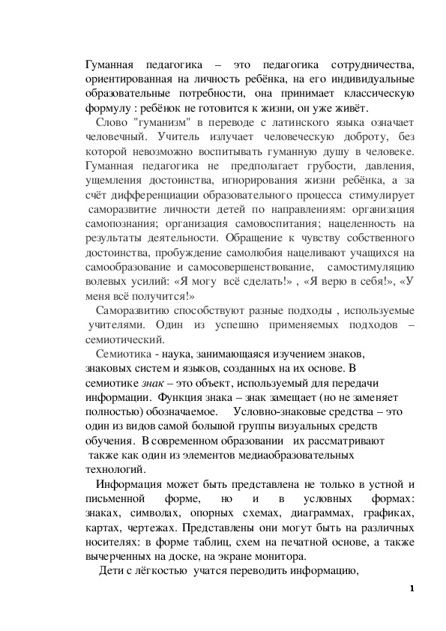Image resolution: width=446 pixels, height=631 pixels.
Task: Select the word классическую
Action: pos(372,94)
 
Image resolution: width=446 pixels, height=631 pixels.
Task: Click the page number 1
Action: pos(412,588)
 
